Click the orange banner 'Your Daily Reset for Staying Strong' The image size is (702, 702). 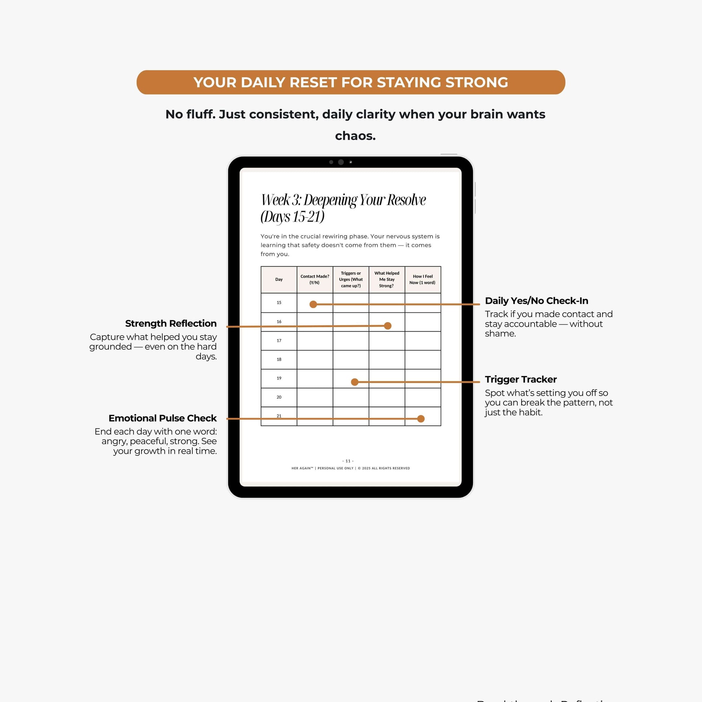(351, 83)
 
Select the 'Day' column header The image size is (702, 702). (279, 280)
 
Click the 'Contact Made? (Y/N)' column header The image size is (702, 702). (315, 280)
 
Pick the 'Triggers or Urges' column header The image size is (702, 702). (351, 280)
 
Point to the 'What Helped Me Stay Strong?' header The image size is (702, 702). (387, 280)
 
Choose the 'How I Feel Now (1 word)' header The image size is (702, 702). (422, 280)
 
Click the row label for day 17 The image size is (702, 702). (279, 341)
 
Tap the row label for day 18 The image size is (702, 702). (279, 359)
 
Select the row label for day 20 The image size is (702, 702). (279, 397)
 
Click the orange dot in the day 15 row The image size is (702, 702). (313, 304)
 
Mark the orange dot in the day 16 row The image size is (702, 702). (388, 326)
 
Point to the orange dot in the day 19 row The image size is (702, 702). (355, 382)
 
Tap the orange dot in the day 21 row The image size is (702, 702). (421, 418)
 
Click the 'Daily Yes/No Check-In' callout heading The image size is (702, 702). (536, 301)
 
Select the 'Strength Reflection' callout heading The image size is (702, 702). (171, 323)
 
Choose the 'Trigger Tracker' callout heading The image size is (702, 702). (521, 379)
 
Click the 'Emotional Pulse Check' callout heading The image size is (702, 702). (162, 418)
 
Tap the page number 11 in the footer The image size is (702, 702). (348, 461)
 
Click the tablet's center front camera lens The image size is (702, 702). (341, 162)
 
